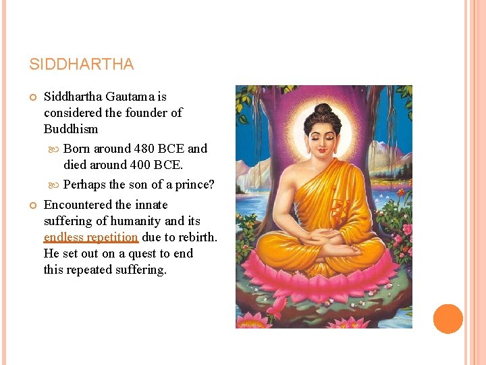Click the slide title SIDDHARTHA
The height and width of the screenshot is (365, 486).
(x=82, y=65)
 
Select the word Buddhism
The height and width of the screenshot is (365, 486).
(x=71, y=129)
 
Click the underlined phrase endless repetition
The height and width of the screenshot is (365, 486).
(x=90, y=237)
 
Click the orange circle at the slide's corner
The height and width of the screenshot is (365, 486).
(x=448, y=319)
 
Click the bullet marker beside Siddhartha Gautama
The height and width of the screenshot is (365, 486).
(x=32, y=97)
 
